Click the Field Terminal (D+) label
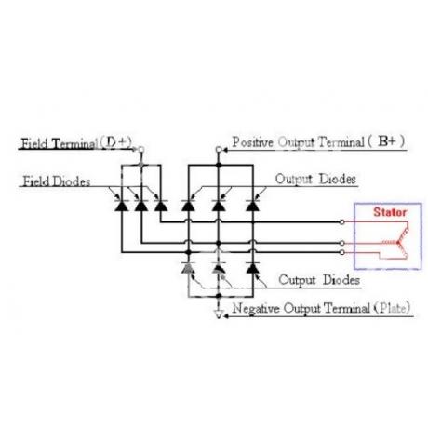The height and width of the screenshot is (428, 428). [x=76, y=143]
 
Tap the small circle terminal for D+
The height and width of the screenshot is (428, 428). [x=141, y=150]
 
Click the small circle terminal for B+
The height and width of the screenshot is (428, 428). [x=219, y=150]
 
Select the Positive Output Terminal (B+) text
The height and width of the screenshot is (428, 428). [x=318, y=142]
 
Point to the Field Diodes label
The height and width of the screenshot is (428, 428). [x=57, y=181]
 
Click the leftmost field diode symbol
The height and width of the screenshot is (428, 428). [x=121, y=206]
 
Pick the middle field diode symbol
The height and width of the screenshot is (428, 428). [x=141, y=206]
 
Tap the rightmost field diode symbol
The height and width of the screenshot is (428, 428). [x=161, y=206]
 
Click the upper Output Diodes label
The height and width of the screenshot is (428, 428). [x=315, y=180]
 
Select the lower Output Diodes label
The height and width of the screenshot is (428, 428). [x=319, y=280]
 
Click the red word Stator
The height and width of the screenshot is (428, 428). [x=390, y=212]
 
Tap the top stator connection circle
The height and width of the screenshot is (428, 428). [x=341, y=222]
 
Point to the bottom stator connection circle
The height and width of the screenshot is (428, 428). [x=341, y=252]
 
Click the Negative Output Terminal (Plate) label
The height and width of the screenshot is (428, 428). [x=321, y=308]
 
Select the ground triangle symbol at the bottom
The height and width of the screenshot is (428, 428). [x=219, y=314]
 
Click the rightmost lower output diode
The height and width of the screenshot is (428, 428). [x=253, y=268]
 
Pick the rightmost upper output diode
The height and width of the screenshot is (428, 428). [x=253, y=206]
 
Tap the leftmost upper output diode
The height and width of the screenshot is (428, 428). [x=188, y=206]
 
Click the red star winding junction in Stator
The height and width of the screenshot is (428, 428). [x=397, y=242]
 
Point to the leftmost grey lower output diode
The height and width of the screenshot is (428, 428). [x=188, y=268]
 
